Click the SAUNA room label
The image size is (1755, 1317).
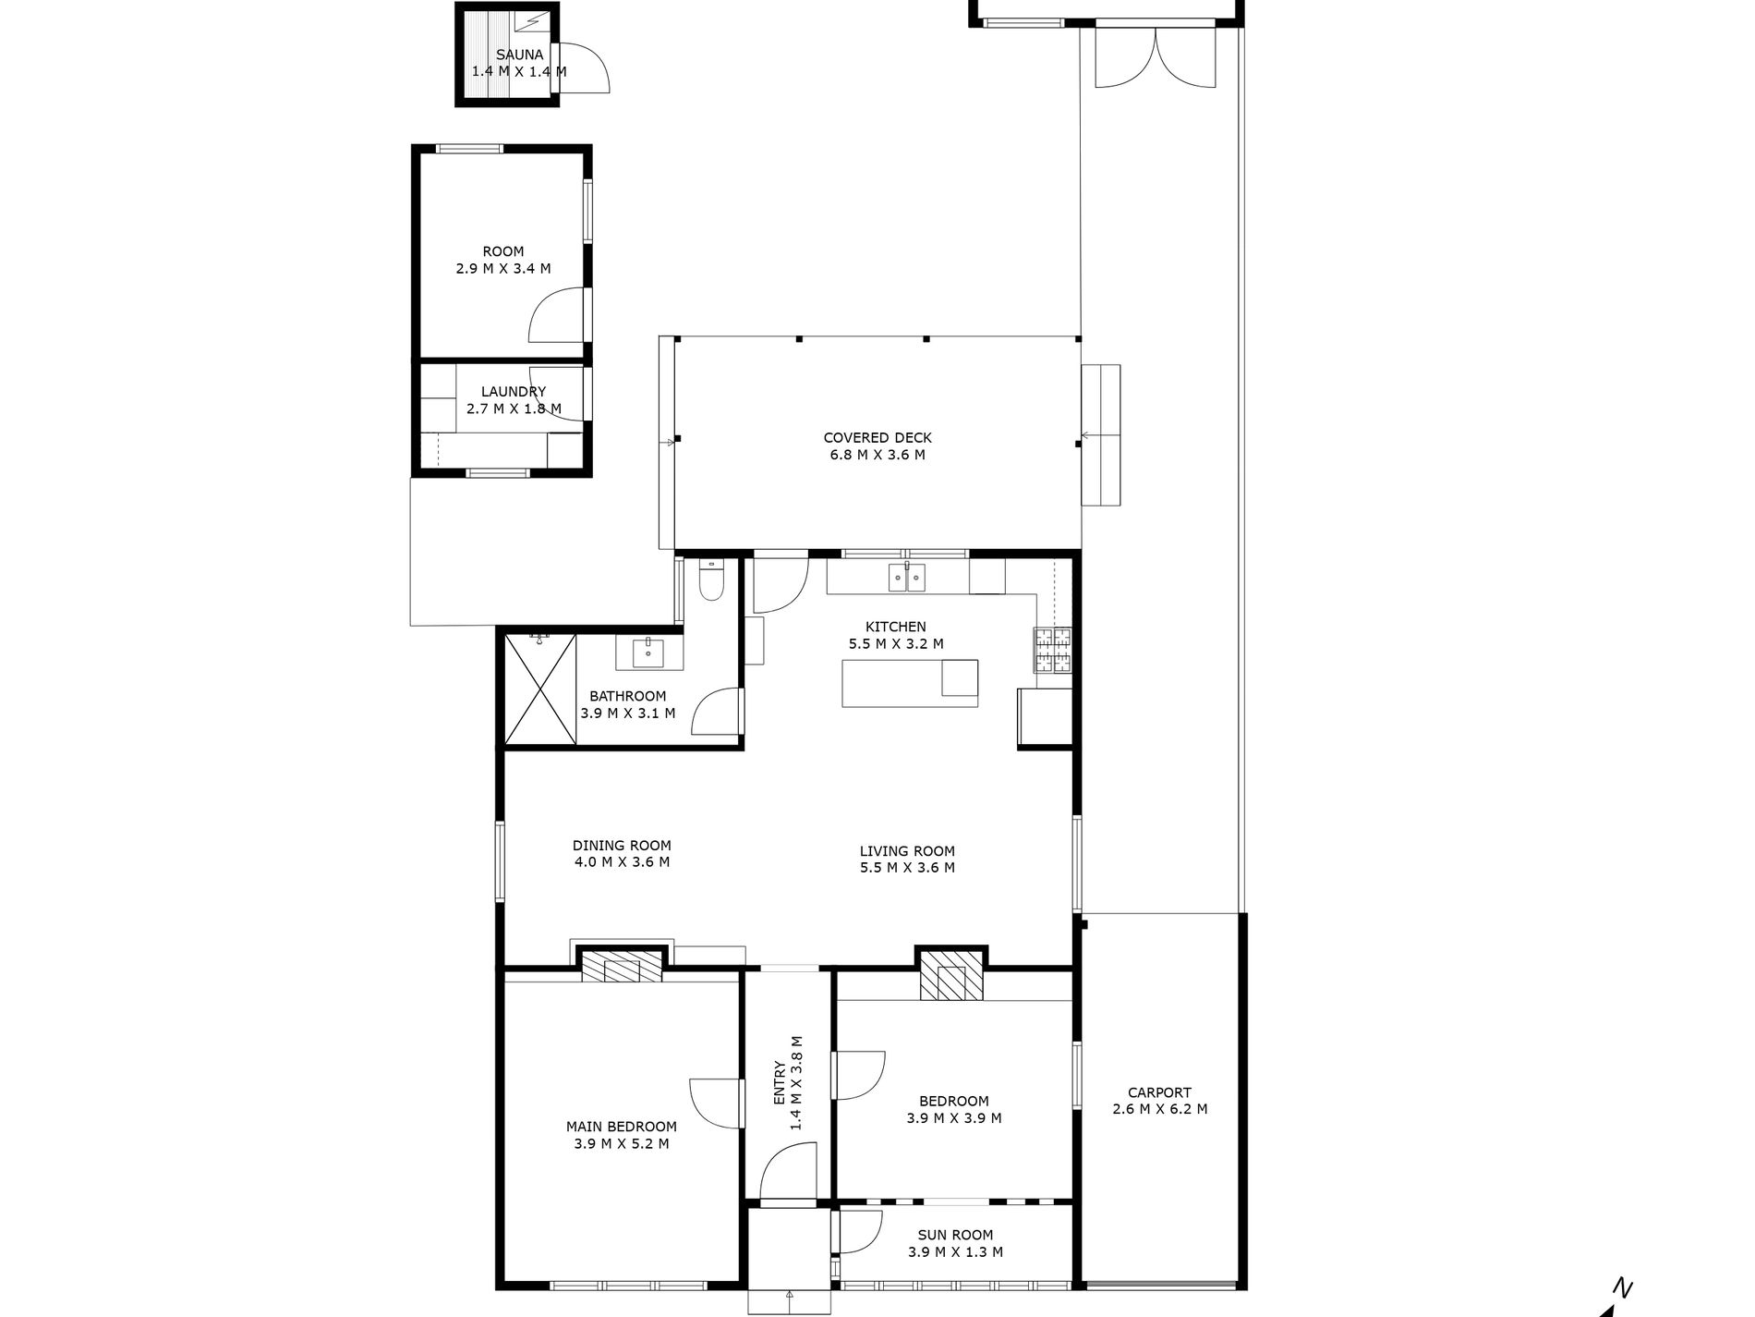click(x=519, y=55)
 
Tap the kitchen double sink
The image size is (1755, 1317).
click(x=906, y=578)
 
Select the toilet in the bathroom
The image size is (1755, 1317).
click(x=712, y=580)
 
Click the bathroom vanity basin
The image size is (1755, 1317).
click(x=649, y=652)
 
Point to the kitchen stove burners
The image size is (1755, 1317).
click(x=1053, y=650)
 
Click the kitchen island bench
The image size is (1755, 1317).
click(x=910, y=683)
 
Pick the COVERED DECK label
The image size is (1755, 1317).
click(x=877, y=438)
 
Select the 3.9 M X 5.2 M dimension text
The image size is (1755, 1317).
click(x=621, y=1143)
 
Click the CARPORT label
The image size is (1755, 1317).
click(x=1160, y=1092)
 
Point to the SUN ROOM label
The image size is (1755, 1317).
click(x=955, y=1235)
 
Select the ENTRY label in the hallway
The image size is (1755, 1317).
click(x=778, y=1083)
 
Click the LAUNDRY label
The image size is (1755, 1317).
click(x=514, y=392)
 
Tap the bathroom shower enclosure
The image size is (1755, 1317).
click(x=540, y=689)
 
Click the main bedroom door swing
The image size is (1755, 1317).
click(x=717, y=1103)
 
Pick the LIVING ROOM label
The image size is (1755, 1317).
click(x=907, y=851)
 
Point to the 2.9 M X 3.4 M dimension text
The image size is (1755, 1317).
click(x=502, y=269)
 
